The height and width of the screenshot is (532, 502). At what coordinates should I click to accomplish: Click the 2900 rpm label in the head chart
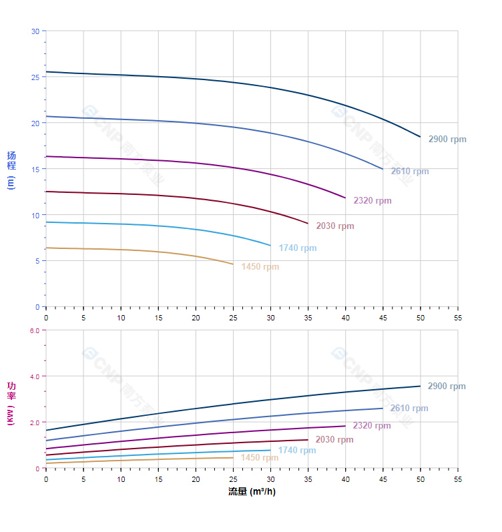pyautogui.click(x=447, y=140)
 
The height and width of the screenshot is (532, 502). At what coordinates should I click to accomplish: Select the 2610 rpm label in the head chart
pyautogui.click(x=410, y=172)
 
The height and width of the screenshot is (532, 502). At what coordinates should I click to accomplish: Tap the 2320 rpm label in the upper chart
pyautogui.click(x=372, y=201)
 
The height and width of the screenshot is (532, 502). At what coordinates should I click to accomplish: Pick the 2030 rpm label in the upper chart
pyautogui.click(x=335, y=226)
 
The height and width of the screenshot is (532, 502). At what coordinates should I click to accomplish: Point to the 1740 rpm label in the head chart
pyautogui.click(x=298, y=248)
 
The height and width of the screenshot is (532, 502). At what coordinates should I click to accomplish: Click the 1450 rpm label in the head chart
pyautogui.click(x=260, y=267)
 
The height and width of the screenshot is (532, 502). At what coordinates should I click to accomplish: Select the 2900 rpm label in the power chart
pyautogui.click(x=447, y=386)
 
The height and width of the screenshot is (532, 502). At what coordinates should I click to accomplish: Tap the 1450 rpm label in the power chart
pyautogui.click(x=260, y=458)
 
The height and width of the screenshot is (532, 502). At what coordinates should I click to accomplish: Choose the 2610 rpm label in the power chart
pyautogui.click(x=409, y=409)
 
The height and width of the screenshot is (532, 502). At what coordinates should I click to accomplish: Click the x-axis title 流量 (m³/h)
pyautogui.click(x=252, y=492)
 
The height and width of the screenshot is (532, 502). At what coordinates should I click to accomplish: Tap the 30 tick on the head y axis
pyautogui.click(x=35, y=31)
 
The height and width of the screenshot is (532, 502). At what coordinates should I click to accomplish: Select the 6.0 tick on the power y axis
pyautogui.click(x=34, y=330)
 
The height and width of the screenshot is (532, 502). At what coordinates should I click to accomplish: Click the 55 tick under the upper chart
pyautogui.click(x=458, y=316)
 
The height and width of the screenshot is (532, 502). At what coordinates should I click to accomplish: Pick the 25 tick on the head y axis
pyautogui.click(x=35, y=77)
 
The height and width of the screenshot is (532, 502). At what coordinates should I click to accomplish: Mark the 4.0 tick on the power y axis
pyautogui.click(x=34, y=376)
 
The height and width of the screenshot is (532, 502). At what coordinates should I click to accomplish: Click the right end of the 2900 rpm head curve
pyautogui.click(x=421, y=137)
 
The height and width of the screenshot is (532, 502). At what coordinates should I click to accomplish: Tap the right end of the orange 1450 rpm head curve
pyautogui.click(x=233, y=264)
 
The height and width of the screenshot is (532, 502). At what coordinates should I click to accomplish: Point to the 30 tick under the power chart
pyautogui.click(x=270, y=479)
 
